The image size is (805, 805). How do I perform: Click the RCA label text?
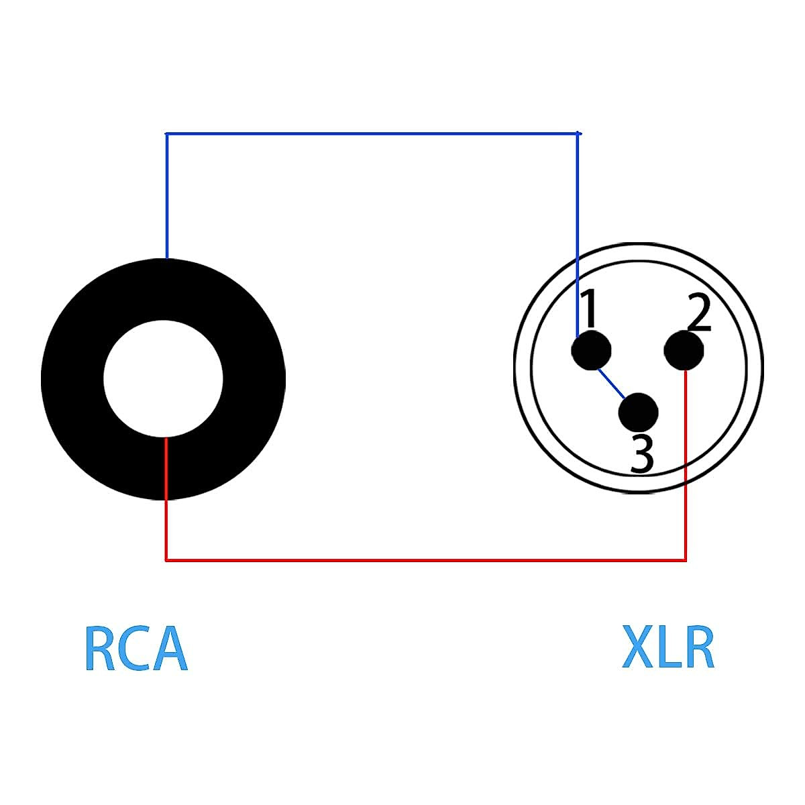[x=136, y=649]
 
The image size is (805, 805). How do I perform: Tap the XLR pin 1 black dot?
[x=591, y=351]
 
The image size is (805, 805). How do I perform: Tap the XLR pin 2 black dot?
[x=684, y=350]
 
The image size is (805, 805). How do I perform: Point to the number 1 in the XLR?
[x=589, y=309]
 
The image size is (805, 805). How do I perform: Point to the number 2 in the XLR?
[x=698, y=313]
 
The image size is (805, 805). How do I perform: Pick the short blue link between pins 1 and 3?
[x=611, y=383]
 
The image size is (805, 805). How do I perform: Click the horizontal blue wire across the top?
[x=372, y=133]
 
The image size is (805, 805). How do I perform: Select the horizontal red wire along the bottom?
[x=425, y=559]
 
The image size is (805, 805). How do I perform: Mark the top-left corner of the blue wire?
[x=166, y=134]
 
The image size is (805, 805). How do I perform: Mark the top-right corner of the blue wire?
[x=578, y=134]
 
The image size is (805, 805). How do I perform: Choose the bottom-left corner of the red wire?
[x=166, y=559]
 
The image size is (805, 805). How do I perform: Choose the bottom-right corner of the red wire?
[x=686, y=559]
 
